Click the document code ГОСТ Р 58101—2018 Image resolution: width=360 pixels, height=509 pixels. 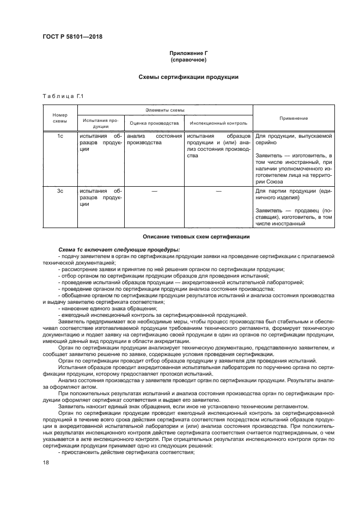pyautogui.click(x=72, y=37)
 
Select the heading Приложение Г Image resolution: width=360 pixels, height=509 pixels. pyautogui.click(x=188, y=53)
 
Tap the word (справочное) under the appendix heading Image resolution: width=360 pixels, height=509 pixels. pyautogui.click(x=188, y=60)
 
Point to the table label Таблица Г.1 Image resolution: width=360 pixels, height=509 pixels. pyautogui.click(x=62, y=96)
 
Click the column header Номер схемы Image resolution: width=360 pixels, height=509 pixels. pyautogui.click(x=60, y=118)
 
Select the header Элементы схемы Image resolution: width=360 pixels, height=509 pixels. pyautogui.click(x=164, y=109)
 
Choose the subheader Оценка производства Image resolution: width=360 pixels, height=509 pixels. pyautogui.click(x=154, y=123)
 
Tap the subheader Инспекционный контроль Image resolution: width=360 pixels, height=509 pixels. pyautogui.click(x=218, y=123)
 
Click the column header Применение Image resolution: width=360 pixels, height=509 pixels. pyautogui.click(x=294, y=118)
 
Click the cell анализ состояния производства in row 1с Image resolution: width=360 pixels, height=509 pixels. pyautogui.click(x=154, y=139)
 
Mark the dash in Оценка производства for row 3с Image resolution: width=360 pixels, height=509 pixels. pyautogui.click(x=154, y=191)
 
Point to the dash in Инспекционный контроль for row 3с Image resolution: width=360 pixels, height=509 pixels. pyautogui.click(x=218, y=191)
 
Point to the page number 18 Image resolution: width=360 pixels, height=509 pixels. pyautogui.click(x=46, y=462)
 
